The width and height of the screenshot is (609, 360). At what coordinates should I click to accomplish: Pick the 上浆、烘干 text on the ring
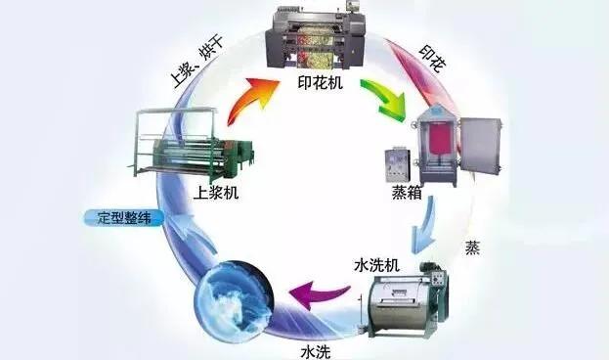pos(192,69)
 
